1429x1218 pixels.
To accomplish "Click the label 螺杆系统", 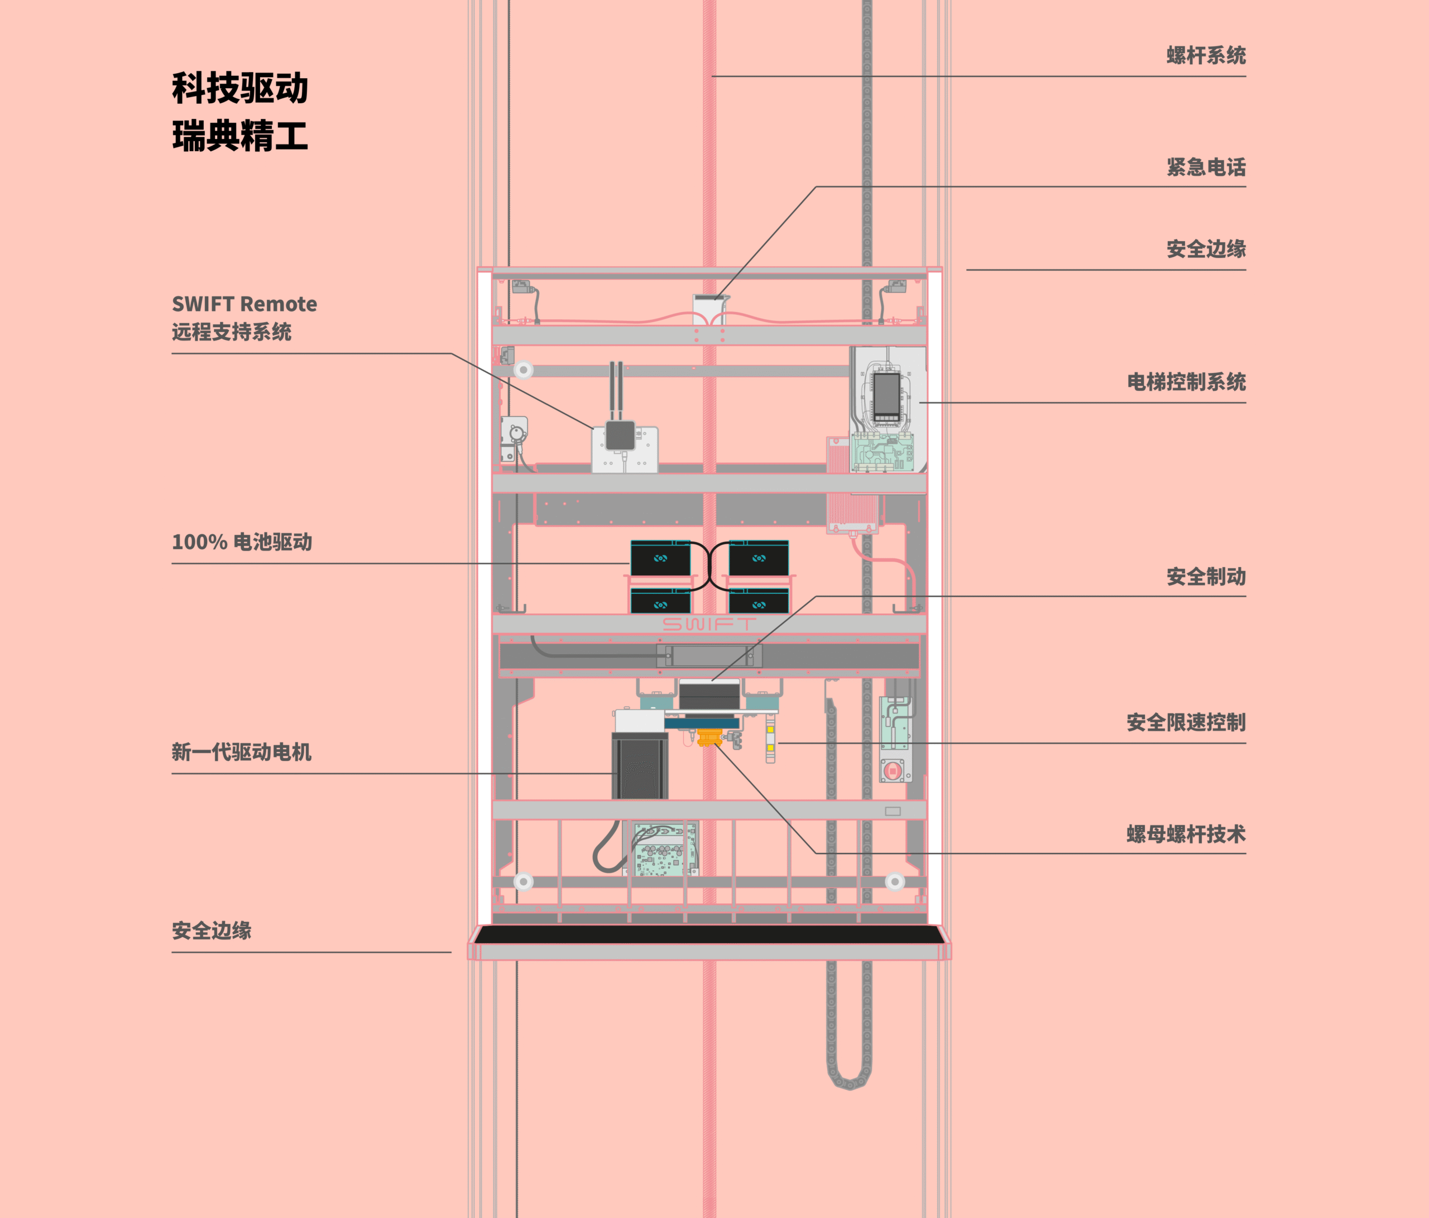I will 1206,55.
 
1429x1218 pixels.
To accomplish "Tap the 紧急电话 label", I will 1206,167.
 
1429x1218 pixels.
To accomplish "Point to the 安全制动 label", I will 1206,576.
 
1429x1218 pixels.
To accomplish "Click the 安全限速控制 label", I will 1186,722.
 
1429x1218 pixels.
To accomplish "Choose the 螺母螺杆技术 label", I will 1186,834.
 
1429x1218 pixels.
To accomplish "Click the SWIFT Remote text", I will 244,304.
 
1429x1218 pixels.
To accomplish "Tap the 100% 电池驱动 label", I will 241,542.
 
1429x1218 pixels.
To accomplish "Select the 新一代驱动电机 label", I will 241,752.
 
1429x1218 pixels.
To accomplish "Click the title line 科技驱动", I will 240,88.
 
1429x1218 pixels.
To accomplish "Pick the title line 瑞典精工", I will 240,135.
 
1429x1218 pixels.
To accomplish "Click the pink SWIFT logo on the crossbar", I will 709,624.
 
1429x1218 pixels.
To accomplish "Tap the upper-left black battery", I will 660,558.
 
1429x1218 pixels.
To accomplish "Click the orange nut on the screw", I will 708,737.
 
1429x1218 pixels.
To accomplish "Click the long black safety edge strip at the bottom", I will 709,934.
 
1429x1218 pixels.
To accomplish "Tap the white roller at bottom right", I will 894,881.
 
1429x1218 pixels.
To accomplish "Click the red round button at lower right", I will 893,770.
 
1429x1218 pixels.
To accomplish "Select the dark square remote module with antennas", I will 620,435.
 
